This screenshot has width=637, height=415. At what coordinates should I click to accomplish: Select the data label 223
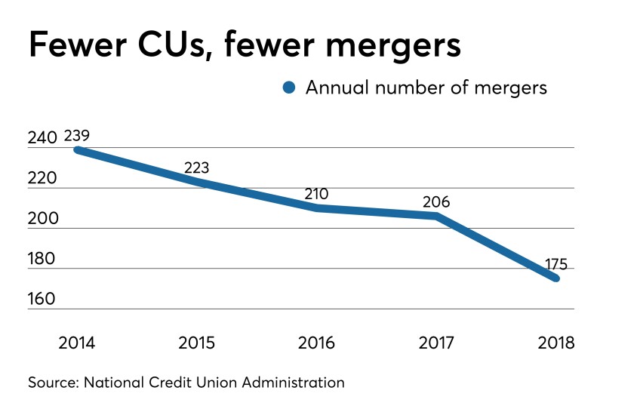pos(196,168)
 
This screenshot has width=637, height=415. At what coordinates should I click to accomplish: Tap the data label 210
pos(316,194)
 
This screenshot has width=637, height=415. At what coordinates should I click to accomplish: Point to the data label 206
pos(436,202)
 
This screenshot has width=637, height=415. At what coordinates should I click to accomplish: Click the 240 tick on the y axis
pos(43,138)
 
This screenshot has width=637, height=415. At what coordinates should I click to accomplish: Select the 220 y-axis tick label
pos(43,179)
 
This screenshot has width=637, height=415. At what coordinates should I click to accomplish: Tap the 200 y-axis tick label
pos(43,219)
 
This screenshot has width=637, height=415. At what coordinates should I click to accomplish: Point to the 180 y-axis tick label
pos(43,259)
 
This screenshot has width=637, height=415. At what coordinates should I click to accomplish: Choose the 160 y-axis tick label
pos(43,299)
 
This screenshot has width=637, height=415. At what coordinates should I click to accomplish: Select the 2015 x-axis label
pos(196,343)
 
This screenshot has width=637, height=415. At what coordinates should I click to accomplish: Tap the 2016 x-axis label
pos(317,343)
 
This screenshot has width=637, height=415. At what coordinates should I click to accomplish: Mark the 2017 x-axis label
pos(437,343)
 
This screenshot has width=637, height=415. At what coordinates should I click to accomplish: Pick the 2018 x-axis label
pos(556,343)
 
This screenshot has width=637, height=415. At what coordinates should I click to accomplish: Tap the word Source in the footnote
pos(56,383)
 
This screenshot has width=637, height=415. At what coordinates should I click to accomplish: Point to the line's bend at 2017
pos(436,216)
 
